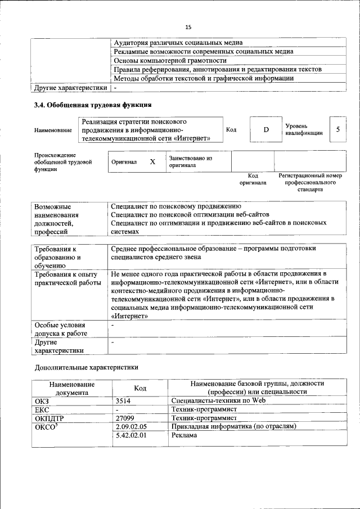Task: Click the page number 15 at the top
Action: click(x=188, y=27)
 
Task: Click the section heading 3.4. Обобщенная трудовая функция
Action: click(x=93, y=105)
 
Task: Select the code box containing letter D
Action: click(x=266, y=130)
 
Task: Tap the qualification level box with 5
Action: click(x=337, y=129)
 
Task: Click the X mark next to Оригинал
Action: click(x=152, y=161)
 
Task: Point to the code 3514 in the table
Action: click(x=124, y=401)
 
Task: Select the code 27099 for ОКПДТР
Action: click(x=127, y=418)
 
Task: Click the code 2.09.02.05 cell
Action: click(x=131, y=427)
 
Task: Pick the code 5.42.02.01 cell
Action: click(x=131, y=436)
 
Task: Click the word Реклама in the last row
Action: click(x=184, y=436)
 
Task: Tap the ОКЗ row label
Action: click(x=42, y=401)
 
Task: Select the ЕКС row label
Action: click(x=42, y=410)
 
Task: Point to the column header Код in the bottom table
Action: click(x=140, y=388)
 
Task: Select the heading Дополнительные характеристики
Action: click(x=85, y=368)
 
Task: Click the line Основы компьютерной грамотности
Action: click(x=170, y=60)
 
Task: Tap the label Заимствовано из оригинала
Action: click(x=190, y=162)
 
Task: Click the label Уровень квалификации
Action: click(x=304, y=129)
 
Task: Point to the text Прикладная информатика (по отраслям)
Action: click(x=233, y=427)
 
